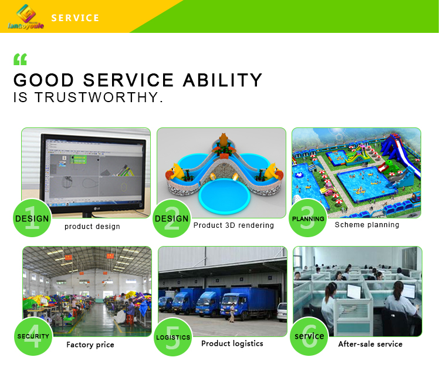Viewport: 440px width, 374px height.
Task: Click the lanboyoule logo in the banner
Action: coord(26,17)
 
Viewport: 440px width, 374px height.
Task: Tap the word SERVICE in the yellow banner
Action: coord(75,18)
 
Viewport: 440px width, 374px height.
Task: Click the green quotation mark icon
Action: coord(20,59)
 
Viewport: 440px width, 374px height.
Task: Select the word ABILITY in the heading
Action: coord(222,80)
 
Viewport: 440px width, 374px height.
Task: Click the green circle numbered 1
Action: coord(32,218)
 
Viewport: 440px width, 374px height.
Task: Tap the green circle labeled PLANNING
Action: coord(308,218)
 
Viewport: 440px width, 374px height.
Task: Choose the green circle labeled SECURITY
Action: coord(33,336)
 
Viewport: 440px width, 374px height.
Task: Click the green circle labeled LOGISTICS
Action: coord(173,337)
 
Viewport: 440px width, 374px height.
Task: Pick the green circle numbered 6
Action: coord(309,336)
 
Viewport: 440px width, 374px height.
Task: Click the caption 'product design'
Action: coord(92,227)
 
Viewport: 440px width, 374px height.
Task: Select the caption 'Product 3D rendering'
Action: coord(233,225)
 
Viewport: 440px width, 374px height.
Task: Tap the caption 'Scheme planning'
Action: coord(367,225)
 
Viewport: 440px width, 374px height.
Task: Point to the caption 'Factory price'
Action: coord(90,345)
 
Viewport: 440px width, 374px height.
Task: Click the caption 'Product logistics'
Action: coord(232,343)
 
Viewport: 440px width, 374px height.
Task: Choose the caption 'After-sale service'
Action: coord(370,344)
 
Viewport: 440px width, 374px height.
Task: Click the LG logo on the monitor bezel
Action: coord(97,208)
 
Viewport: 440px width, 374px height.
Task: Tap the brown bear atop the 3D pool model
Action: coord(224,140)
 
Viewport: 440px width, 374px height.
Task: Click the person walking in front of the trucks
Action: coord(232,312)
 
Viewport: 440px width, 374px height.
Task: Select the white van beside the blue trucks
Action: coord(282,312)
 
